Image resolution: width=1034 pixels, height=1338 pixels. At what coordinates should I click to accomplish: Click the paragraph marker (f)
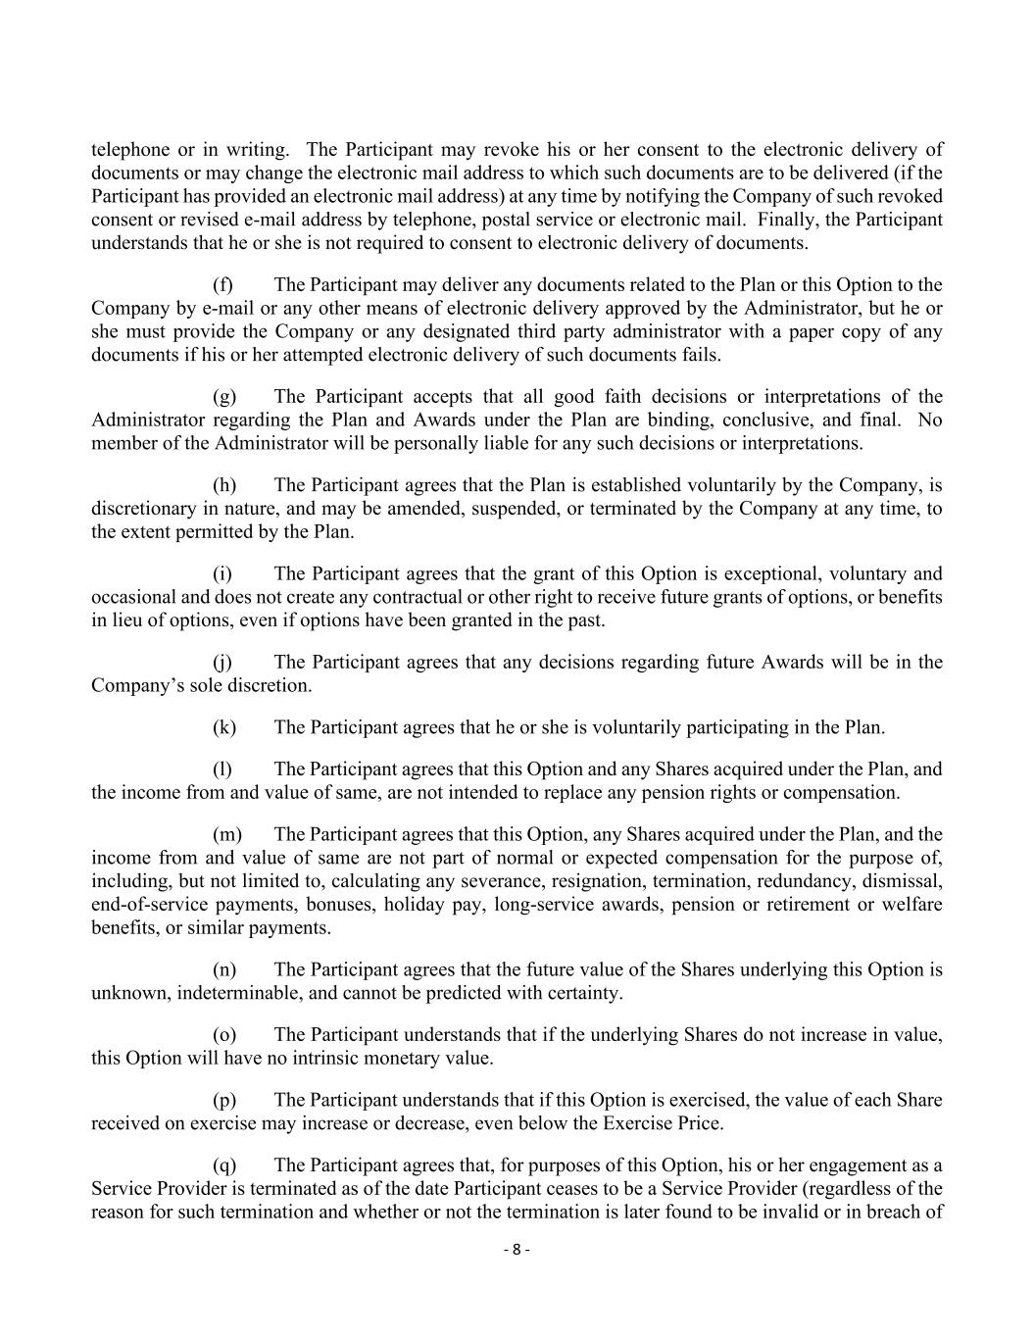click(222, 285)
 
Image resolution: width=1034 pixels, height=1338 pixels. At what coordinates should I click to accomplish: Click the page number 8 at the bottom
click(517, 1250)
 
